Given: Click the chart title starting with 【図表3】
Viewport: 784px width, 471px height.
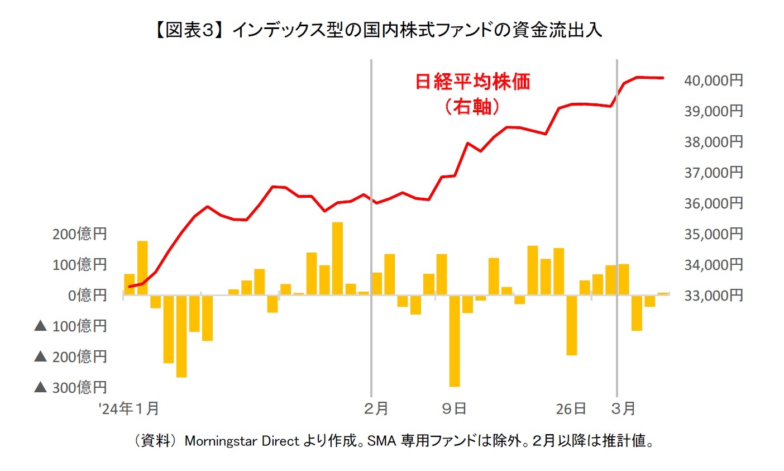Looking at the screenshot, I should (377, 30).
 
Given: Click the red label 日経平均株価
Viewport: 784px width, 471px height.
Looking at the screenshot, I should (472, 82).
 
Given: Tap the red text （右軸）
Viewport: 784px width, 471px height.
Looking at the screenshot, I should (472, 106).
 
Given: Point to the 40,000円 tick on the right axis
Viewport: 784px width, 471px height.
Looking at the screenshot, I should (713, 80).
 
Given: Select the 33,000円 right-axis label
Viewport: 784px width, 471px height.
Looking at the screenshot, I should (713, 295).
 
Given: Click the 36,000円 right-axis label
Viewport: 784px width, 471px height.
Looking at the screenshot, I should (713, 203).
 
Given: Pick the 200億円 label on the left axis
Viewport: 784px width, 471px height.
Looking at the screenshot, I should (79, 234).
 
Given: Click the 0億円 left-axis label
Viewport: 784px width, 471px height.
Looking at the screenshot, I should (87, 295).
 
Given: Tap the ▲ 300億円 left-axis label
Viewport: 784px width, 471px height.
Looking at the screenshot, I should (70, 387).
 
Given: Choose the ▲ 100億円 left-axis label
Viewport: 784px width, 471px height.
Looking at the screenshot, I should (70, 326).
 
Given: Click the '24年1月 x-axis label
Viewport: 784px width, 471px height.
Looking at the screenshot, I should (130, 409).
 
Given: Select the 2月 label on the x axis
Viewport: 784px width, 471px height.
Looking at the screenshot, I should (376, 409).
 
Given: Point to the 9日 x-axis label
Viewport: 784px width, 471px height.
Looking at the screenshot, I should (454, 409).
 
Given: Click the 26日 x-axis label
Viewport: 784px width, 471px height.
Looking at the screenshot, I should (571, 409).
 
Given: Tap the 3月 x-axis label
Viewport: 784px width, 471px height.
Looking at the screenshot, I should (623, 409).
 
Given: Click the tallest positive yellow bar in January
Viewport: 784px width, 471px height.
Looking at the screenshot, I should (337, 258).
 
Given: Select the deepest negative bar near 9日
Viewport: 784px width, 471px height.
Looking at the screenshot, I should (455, 340).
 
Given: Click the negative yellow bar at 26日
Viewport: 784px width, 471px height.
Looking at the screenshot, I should (571, 325).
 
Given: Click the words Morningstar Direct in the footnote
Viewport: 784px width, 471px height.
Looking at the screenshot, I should (242, 441).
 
